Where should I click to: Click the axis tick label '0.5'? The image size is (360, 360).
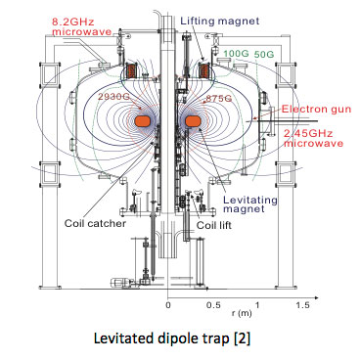tap(210, 305)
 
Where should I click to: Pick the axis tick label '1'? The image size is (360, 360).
tap(254, 305)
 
